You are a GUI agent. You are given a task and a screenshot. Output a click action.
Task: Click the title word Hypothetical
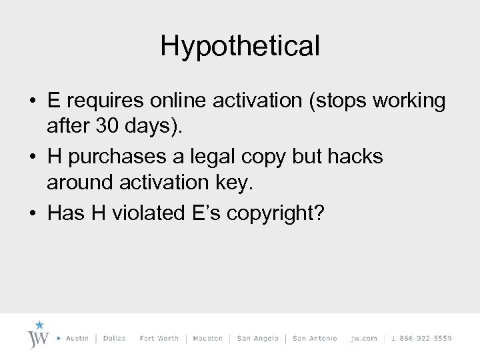240,46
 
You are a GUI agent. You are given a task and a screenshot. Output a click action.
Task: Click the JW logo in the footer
39,336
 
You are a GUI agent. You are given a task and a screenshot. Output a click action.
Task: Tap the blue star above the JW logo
39,325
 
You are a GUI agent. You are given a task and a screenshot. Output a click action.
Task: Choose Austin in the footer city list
77,339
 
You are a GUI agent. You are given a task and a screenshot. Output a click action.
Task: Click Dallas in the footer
115,339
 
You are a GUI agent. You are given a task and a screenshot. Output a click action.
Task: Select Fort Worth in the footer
159,339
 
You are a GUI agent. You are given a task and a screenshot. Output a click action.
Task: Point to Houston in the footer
207,339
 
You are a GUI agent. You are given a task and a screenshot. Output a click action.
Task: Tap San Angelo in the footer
257,339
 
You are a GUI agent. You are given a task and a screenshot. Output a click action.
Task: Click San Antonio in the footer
315,339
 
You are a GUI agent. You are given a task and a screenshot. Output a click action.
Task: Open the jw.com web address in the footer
364,339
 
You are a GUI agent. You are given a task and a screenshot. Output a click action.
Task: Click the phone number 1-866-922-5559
421,339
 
